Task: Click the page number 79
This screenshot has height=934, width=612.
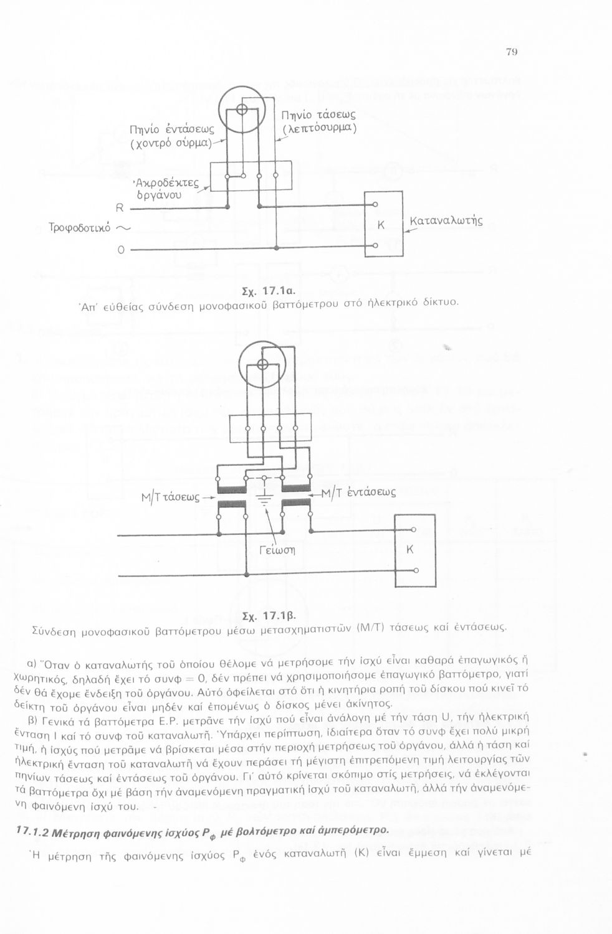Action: [x=512, y=52]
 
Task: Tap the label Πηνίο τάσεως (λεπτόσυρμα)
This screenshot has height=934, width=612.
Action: [x=318, y=121]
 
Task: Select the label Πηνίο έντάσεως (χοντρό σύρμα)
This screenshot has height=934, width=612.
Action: [x=171, y=136]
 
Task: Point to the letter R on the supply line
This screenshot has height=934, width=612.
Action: [x=120, y=208]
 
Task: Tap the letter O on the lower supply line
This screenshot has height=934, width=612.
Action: [x=121, y=250]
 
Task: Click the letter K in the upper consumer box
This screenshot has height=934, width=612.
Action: [x=381, y=225]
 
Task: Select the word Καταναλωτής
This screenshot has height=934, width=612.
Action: [x=446, y=221]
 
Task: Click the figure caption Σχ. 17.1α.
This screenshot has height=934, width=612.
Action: [x=268, y=291]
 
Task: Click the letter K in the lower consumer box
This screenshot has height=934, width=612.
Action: [x=409, y=549]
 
